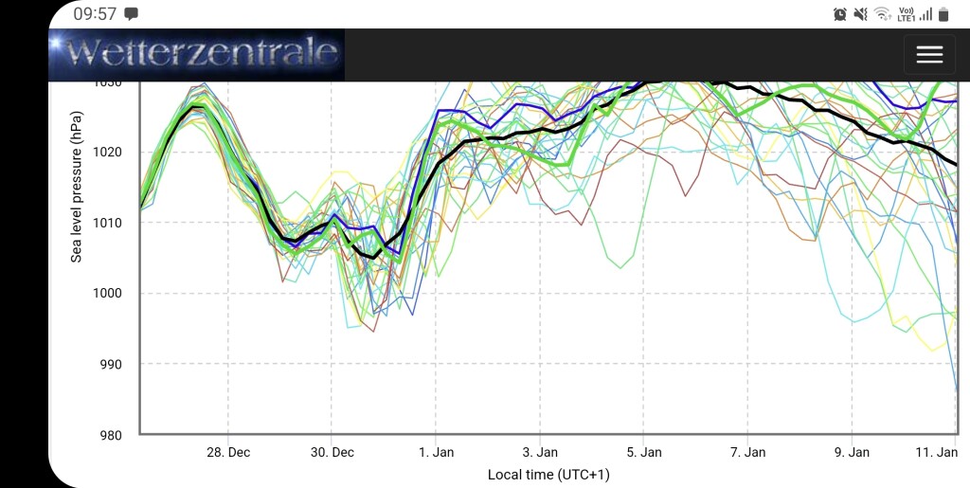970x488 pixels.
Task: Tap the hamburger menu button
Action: (x=929, y=54)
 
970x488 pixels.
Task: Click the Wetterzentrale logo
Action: (x=197, y=54)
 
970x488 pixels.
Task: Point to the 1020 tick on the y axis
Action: (x=107, y=153)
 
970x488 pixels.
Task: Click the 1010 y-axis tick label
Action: (x=107, y=223)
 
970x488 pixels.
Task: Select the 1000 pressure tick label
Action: (x=107, y=293)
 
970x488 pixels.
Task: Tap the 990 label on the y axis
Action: (x=111, y=364)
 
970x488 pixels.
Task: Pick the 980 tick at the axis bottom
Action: (x=111, y=436)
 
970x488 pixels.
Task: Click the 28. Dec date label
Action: (x=228, y=453)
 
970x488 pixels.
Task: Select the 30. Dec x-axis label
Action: (x=332, y=453)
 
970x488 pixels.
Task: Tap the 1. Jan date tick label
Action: (x=436, y=453)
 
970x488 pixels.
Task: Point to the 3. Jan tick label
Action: (x=540, y=453)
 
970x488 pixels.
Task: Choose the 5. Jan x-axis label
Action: (x=644, y=453)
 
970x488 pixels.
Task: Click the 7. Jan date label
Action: (x=748, y=453)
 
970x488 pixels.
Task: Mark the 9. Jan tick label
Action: (x=852, y=453)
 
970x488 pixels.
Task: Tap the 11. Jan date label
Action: (x=937, y=453)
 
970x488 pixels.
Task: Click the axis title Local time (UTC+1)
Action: (x=548, y=475)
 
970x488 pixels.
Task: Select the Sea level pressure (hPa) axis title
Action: (x=76, y=187)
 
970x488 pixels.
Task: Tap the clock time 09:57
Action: (x=95, y=13)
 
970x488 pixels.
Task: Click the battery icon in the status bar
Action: (x=943, y=14)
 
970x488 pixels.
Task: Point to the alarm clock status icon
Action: (x=839, y=14)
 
